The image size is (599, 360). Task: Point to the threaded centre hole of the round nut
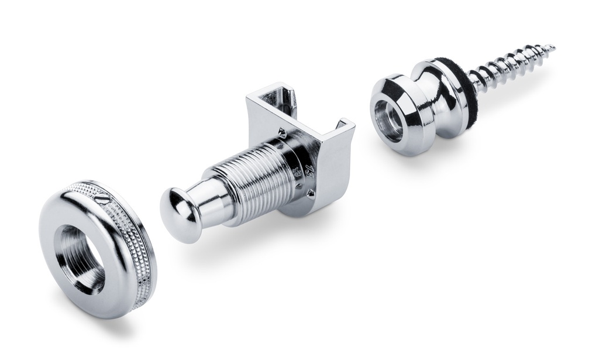82,258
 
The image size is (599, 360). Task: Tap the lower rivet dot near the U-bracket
311,193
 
